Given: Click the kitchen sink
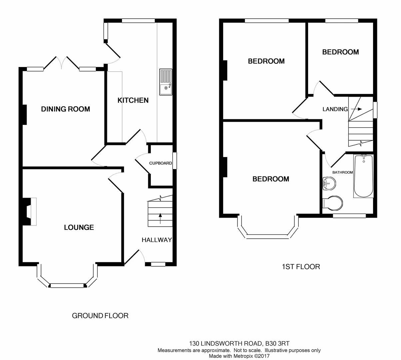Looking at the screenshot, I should click(166, 82).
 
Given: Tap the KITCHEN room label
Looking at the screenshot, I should click(133, 100).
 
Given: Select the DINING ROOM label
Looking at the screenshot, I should click(65, 109).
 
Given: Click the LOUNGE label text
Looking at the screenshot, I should click(79, 227).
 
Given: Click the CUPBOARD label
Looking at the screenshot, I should click(161, 163).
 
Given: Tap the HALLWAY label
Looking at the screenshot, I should click(157, 240).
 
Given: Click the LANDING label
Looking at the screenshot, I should click(335, 109).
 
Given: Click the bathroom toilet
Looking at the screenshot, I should click(333, 203).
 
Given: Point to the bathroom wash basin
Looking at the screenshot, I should click(329, 183).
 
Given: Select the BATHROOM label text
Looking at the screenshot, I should click(343, 172).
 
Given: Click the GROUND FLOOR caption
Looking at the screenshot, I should click(100, 315).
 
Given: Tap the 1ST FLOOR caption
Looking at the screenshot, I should click(301, 267).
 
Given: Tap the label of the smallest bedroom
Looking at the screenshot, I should click(340, 52).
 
